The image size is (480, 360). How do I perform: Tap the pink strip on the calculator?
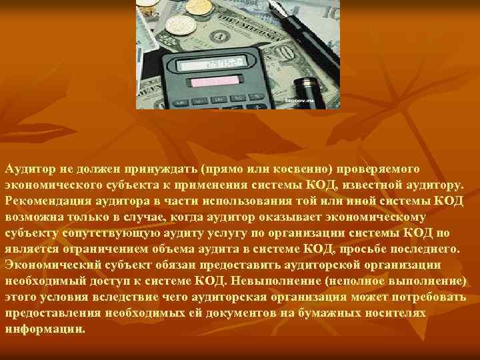(x=215, y=81)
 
